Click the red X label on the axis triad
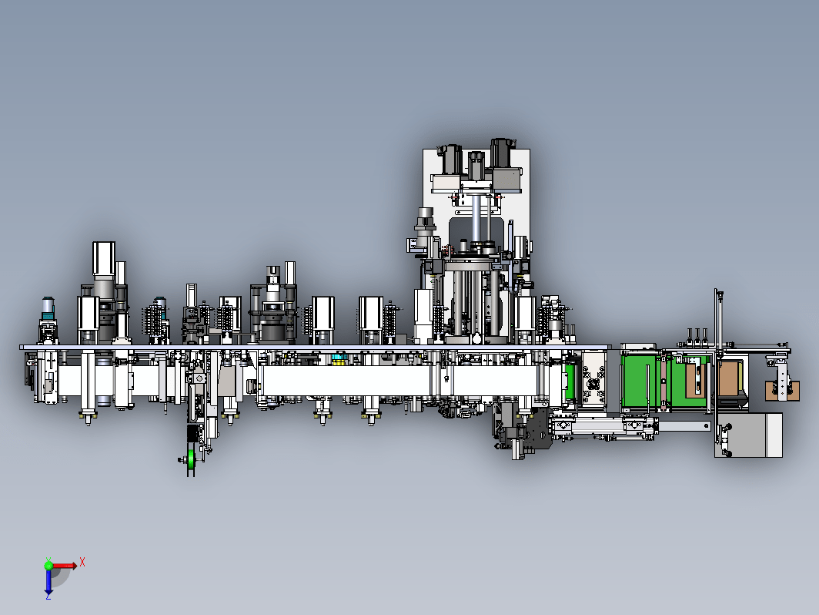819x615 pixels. (x=82, y=563)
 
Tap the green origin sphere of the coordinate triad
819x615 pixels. (x=48, y=565)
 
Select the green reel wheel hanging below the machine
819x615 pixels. (x=192, y=459)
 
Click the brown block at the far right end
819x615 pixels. (x=782, y=391)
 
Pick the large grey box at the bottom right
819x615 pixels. (x=748, y=435)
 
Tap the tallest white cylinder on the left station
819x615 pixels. (x=104, y=258)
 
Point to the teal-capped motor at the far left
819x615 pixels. (x=48, y=308)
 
